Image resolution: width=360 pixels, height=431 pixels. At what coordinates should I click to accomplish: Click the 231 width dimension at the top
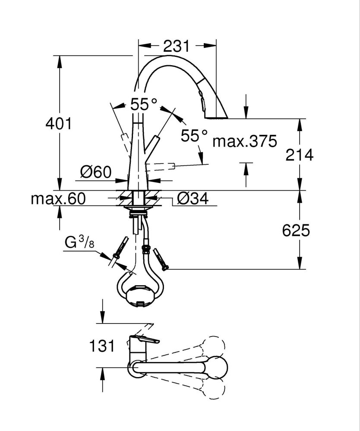click(177, 45)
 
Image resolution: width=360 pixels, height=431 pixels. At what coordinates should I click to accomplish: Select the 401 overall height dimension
click(58, 124)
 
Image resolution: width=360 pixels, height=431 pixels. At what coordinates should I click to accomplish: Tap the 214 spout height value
click(299, 154)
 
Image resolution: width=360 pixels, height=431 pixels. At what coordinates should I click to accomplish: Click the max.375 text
click(245, 141)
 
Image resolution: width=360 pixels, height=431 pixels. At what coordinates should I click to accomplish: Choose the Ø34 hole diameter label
click(193, 198)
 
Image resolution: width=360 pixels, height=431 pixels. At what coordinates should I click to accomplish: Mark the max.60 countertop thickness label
click(58, 198)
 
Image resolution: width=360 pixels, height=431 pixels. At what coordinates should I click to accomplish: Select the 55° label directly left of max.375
click(194, 136)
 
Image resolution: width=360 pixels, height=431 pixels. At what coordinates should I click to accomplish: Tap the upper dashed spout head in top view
click(215, 346)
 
